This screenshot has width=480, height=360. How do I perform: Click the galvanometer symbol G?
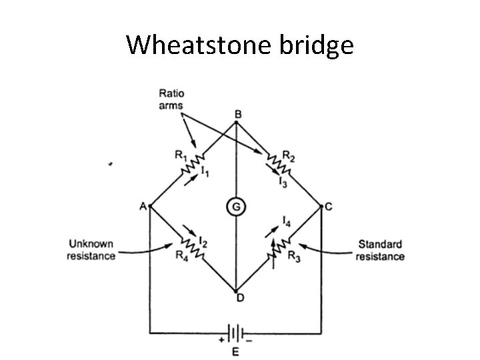tap(236, 207)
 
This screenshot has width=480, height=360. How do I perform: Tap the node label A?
tap(143, 206)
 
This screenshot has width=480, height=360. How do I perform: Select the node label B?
tap(238, 114)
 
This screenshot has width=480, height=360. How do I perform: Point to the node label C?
tap(329, 207)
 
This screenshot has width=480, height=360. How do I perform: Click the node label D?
tap(239, 297)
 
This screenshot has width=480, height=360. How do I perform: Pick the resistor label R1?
tap(181, 155)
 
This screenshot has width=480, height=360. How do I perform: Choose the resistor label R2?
tap(288, 157)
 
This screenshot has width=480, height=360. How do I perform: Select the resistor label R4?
tap(181, 254)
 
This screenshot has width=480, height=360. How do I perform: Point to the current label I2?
tap(205, 242)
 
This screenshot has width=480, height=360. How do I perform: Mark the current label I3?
tap(283, 182)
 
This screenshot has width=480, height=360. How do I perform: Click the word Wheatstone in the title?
tap(197, 45)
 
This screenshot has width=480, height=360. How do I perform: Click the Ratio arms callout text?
tap(171, 99)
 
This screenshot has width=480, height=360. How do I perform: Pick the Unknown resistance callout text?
tap(91, 250)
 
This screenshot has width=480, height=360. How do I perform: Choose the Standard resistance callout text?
tap(381, 250)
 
